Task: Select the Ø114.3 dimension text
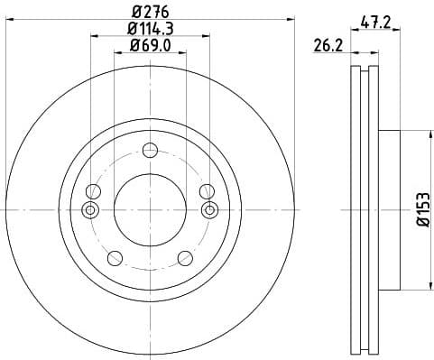pos(150,30)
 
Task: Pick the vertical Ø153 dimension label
pos(420,210)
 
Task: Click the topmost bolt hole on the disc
pos(150,151)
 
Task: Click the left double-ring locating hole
pos(89,210)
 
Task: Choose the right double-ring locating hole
pos(210,210)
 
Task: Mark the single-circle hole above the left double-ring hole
pos(93,190)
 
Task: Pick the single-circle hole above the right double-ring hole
pos(207,190)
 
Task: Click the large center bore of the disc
pos(150,210)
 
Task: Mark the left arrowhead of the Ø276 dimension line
pos(9,22)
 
